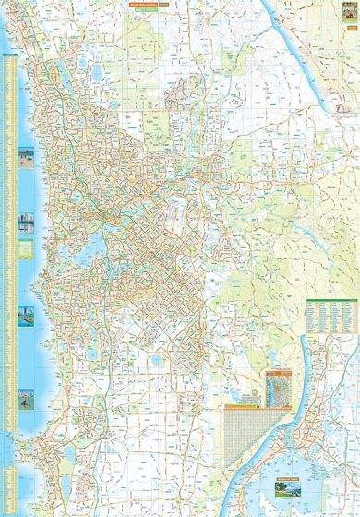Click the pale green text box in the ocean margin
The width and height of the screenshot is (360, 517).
pos(26,249)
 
